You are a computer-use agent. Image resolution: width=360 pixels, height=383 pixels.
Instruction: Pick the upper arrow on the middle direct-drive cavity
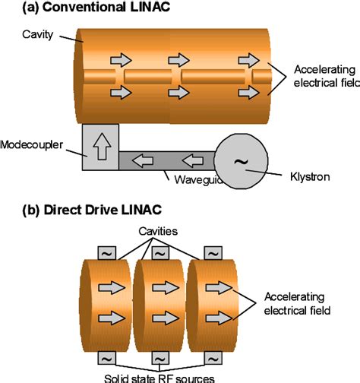coord(163,287)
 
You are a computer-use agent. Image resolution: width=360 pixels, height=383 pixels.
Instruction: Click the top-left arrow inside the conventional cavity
coord(120,60)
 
